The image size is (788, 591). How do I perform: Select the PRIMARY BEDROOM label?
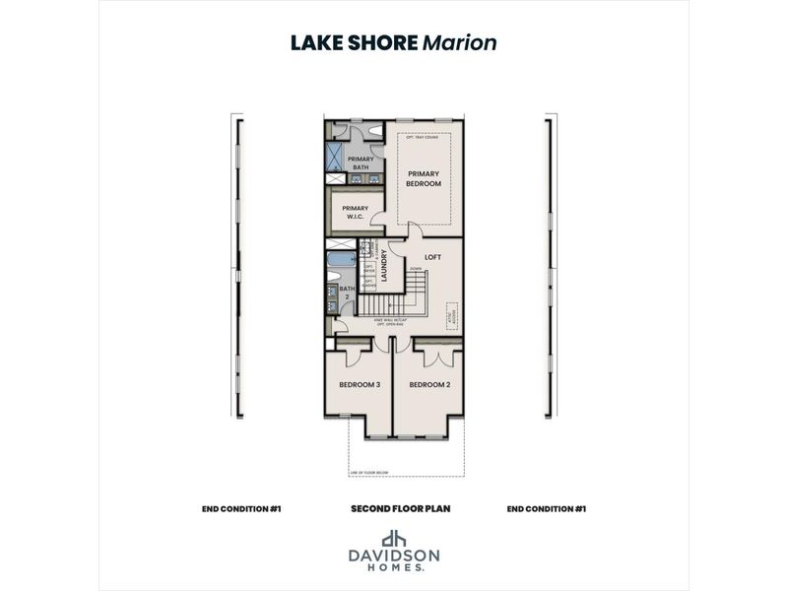pos(424,178)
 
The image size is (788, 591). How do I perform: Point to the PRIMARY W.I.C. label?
pos(355,212)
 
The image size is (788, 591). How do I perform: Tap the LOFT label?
pos(431,257)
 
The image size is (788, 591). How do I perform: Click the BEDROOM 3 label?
pos(360,385)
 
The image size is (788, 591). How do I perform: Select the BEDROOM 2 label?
pos(429,385)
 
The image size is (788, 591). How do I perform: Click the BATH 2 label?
pos(346,292)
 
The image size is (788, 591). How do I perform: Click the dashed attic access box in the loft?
pos(453,314)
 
